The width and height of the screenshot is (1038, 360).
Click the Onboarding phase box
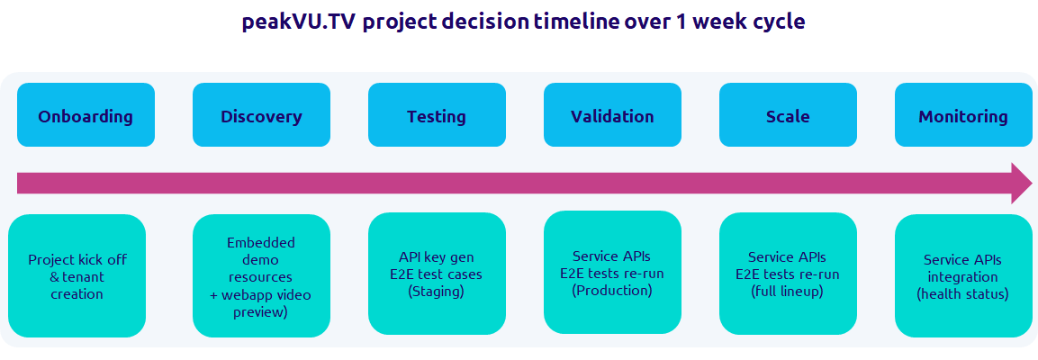click(x=86, y=115)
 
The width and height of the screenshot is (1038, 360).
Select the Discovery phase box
click(x=261, y=115)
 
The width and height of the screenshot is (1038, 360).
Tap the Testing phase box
click(x=437, y=115)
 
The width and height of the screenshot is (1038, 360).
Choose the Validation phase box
click(x=612, y=115)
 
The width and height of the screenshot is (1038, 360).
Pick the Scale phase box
click(x=788, y=115)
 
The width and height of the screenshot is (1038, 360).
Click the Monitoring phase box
click(x=963, y=115)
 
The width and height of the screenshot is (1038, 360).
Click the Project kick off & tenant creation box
click(x=77, y=275)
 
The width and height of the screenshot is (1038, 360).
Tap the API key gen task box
click(x=437, y=274)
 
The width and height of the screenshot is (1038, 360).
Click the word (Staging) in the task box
click(x=437, y=291)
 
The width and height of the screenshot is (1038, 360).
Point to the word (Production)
click(x=612, y=290)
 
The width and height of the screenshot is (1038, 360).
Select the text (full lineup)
click(x=788, y=291)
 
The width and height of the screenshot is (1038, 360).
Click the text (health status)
click(x=963, y=293)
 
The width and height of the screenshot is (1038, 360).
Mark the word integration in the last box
click(x=963, y=276)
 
